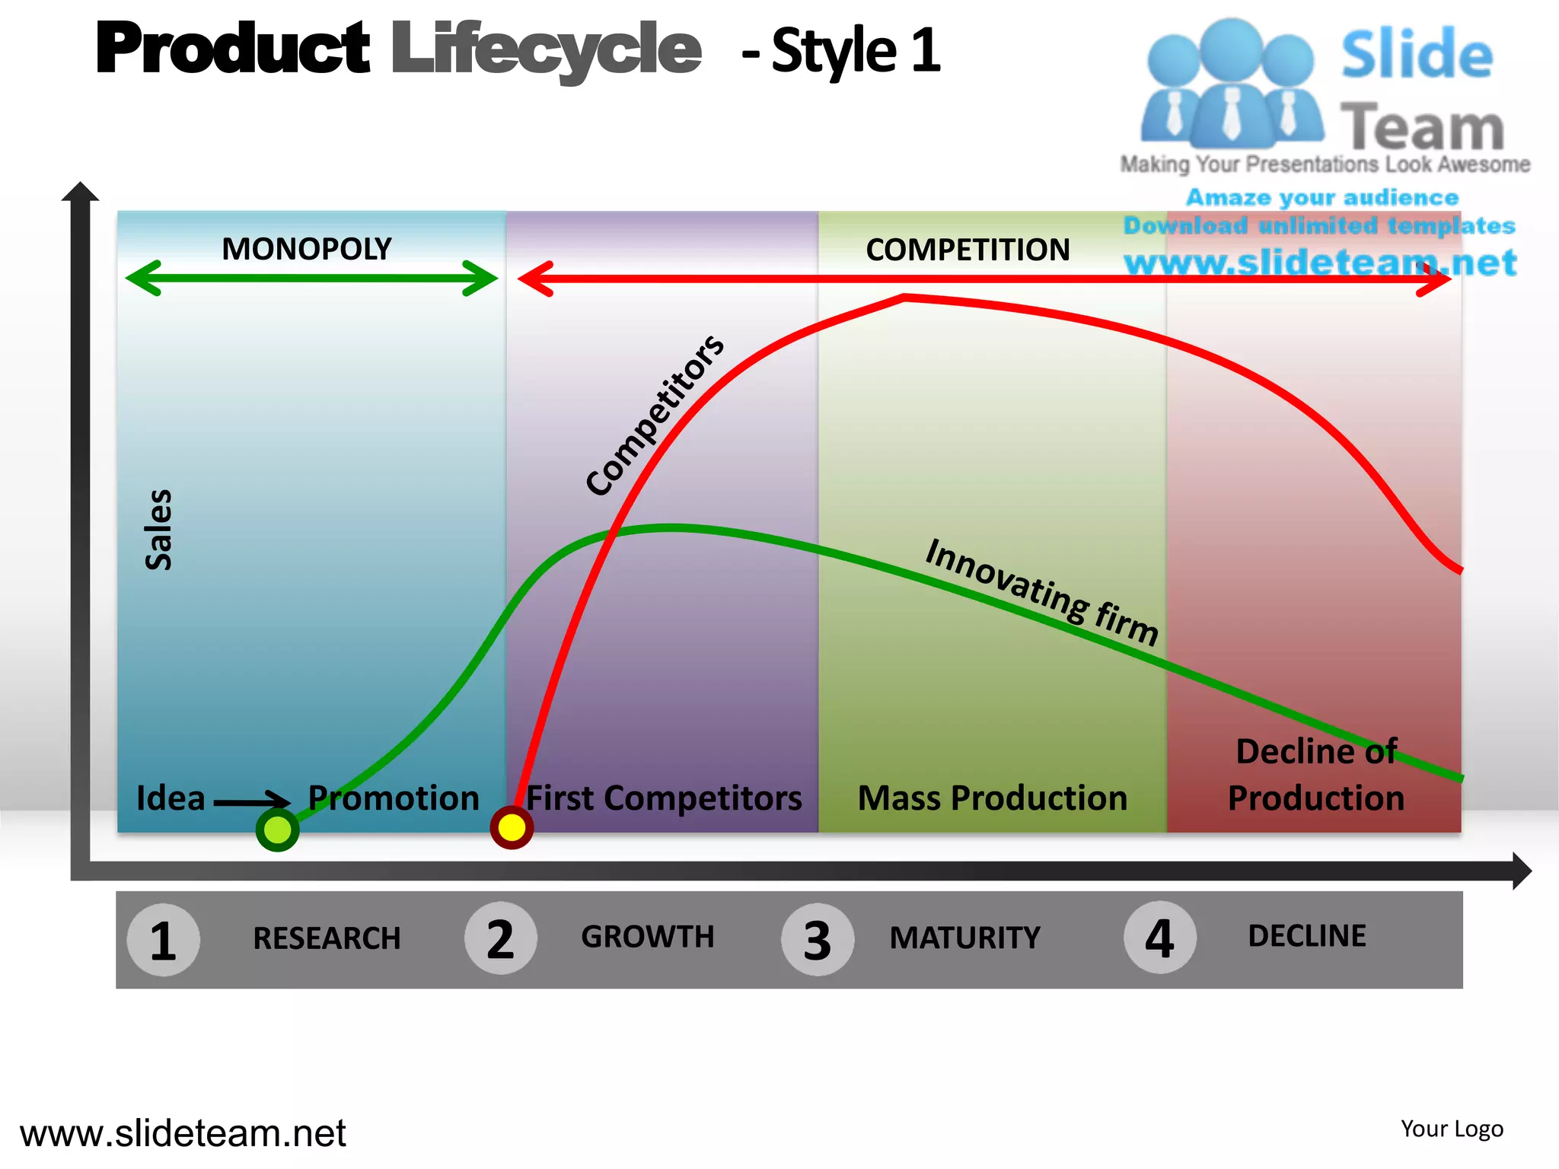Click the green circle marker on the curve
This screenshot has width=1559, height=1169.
pos(277,830)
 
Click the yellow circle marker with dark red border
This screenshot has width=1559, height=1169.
pos(512,827)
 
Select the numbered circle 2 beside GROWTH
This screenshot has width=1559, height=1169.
pos(500,938)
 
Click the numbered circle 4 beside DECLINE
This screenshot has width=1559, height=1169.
pos(1159,938)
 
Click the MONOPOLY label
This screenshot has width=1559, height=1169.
pos(306,249)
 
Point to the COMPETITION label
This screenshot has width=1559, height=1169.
pos(968,250)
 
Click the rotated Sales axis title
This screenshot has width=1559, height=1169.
pos(158,530)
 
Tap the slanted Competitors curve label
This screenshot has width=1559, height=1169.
pos(655,416)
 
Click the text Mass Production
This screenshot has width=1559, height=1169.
pos(992,798)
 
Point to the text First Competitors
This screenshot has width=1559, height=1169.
pos(664,798)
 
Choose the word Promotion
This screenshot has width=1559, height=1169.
pos(394,798)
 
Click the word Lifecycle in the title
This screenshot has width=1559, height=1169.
pos(546,49)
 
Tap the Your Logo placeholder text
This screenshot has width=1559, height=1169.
pos(1452,1129)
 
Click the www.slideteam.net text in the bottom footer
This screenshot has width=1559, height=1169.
pos(183,1133)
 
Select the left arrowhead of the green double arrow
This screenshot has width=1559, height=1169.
pos(143,278)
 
